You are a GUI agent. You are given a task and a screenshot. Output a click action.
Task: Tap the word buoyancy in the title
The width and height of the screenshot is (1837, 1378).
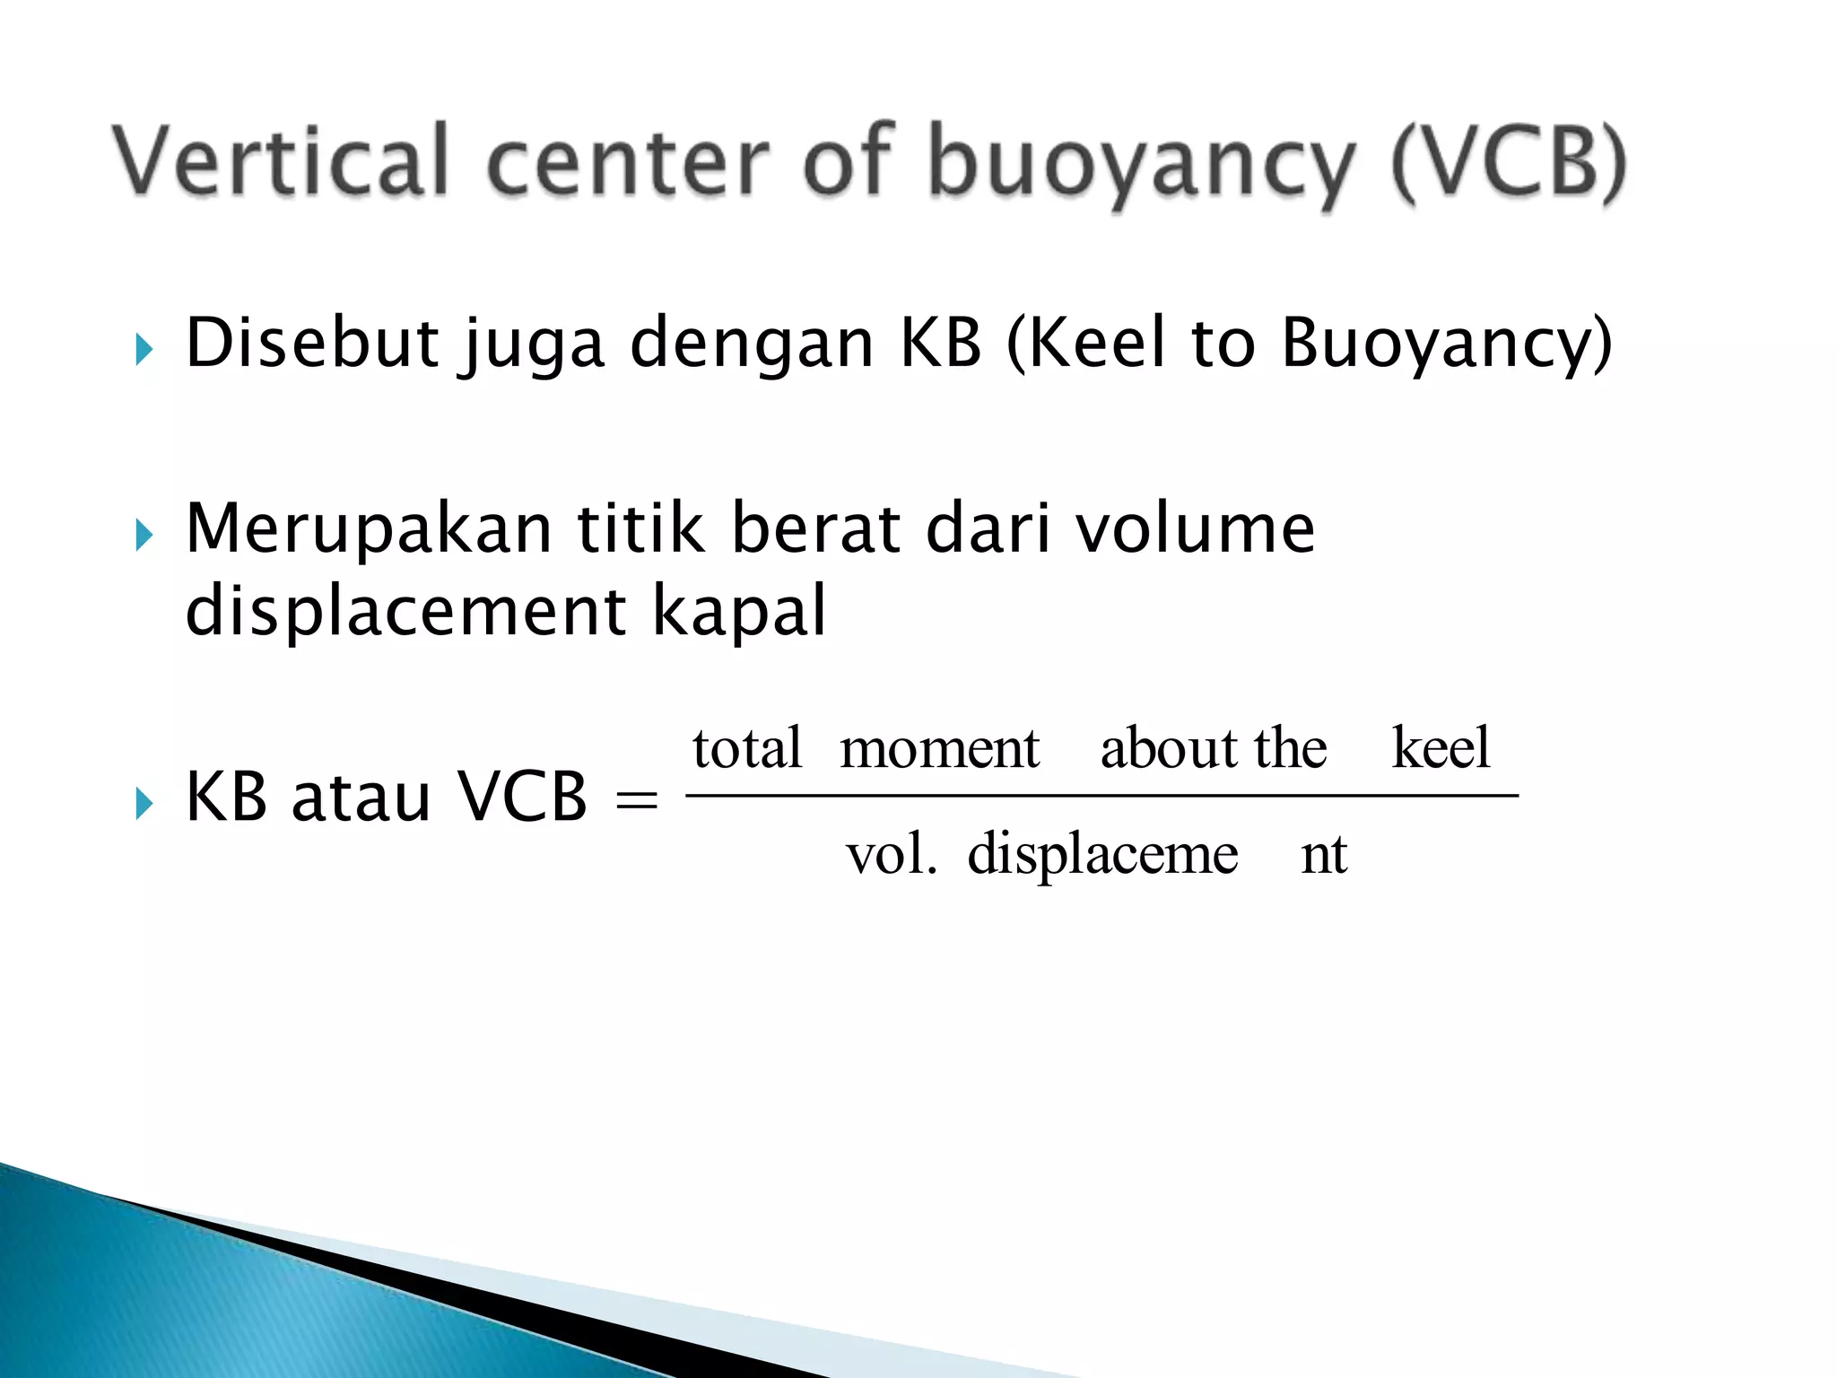[x=1139, y=166]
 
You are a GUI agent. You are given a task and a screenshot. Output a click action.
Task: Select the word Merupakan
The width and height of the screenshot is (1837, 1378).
[x=369, y=530]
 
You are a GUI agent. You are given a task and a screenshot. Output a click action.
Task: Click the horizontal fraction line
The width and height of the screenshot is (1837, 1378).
[x=1101, y=796]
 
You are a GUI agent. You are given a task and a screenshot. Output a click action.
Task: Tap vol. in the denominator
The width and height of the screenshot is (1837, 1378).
[x=892, y=854]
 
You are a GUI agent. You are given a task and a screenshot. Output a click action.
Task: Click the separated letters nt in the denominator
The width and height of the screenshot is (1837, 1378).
[x=1324, y=854]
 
